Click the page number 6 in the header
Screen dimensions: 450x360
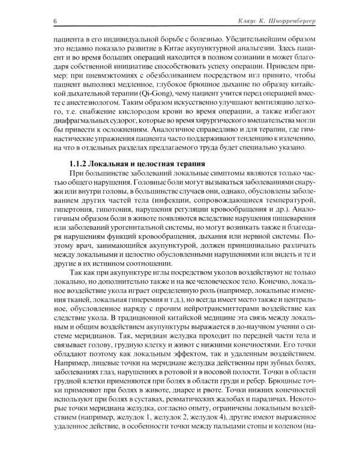[55, 22]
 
